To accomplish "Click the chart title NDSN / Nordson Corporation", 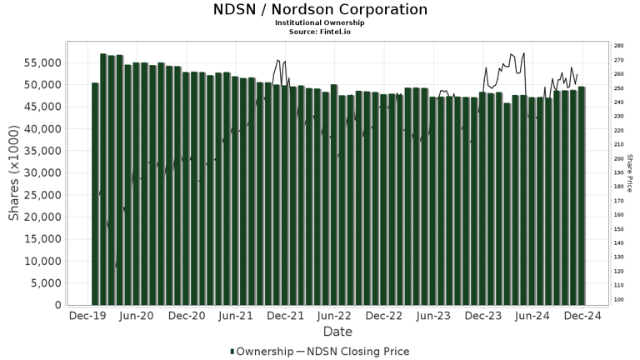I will click(x=320, y=10).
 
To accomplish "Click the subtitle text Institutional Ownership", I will click(x=320, y=22).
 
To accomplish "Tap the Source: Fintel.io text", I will click(x=320, y=31).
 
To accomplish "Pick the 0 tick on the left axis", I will click(x=56, y=305).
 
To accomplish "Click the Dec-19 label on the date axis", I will click(x=87, y=317).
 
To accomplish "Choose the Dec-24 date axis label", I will click(x=582, y=317).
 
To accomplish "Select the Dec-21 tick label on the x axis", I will click(x=285, y=317).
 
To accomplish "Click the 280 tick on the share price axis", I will click(x=617, y=46).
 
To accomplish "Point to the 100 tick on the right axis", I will click(x=617, y=299).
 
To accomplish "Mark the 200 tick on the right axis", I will click(x=617, y=158).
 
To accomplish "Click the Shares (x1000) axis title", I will click(x=14, y=175).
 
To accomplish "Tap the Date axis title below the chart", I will click(x=337, y=332).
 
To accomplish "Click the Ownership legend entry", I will click(x=262, y=352).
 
